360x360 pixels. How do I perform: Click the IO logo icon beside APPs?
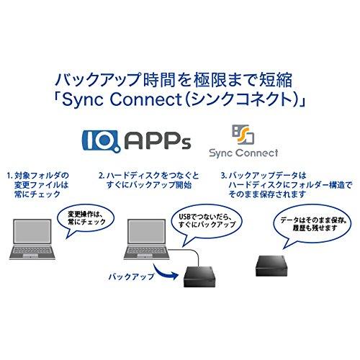tap(102, 141)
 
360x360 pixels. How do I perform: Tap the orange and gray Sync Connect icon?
tap(243, 135)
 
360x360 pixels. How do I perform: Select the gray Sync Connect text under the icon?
tap(243, 153)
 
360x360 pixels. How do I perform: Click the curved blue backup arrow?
tap(166, 273)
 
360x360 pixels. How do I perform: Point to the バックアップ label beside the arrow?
tap(132, 276)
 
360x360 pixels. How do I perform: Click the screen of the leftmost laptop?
tap(32, 231)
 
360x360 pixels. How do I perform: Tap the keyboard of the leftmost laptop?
tap(32, 251)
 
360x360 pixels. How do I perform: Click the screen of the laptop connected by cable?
tap(147, 231)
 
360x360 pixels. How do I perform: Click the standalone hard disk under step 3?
tap(272, 266)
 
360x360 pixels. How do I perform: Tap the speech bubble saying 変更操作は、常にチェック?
tap(85, 220)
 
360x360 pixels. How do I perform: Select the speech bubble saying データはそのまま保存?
tap(312, 225)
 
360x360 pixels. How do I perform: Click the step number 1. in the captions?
tap(9, 176)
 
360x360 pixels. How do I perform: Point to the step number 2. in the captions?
tap(102, 176)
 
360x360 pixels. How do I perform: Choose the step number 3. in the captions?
tap(224, 176)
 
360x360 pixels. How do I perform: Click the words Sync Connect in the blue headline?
tap(122, 99)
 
